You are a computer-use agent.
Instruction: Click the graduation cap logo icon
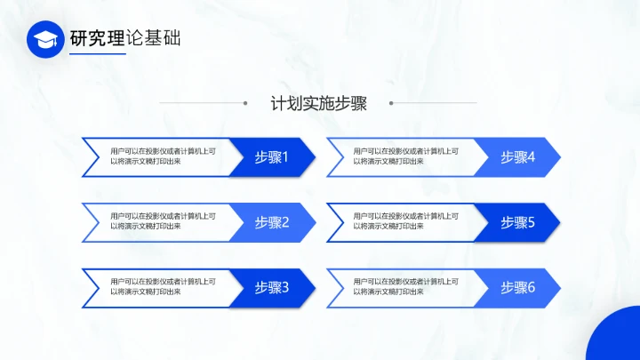[x=45, y=39]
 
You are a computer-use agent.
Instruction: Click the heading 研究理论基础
[x=124, y=38]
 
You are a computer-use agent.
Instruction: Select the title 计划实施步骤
[x=319, y=103]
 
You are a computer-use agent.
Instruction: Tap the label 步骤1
[x=272, y=157]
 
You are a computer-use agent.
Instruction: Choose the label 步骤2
[x=272, y=222]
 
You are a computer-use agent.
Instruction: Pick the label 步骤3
[x=272, y=287]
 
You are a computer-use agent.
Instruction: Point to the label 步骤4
[x=517, y=157]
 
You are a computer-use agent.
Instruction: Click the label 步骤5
[x=517, y=222]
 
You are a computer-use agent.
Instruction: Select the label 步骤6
[x=517, y=287]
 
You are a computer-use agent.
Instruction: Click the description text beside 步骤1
[x=163, y=156]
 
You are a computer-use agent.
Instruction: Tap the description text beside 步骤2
[x=163, y=221]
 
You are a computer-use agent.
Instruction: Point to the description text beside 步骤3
[x=163, y=286]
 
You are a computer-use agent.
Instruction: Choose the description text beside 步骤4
[x=406, y=156]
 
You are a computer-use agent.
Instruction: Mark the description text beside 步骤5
[x=406, y=221]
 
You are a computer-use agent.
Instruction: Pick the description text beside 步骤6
[x=406, y=286]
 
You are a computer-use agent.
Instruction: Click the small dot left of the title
[x=244, y=103]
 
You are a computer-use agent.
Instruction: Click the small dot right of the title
[x=392, y=103]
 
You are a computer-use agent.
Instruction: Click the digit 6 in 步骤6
[x=532, y=287]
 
